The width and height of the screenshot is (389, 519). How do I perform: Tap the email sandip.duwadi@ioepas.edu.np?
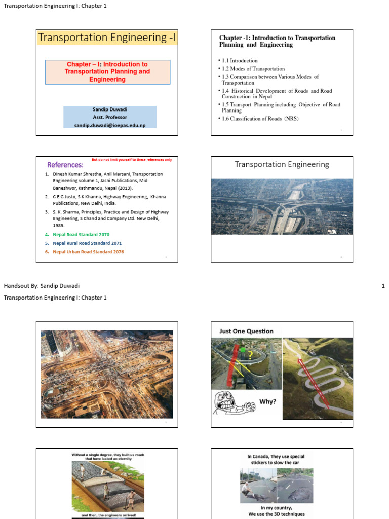pyautogui.click(x=109, y=125)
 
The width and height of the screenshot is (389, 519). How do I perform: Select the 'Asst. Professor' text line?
pyautogui.click(x=109, y=117)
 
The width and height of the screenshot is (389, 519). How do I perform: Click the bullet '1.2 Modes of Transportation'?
pyautogui.click(x=253, y=68)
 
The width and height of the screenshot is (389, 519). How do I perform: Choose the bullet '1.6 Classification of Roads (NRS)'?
pyautogui.click(x=260, y=118)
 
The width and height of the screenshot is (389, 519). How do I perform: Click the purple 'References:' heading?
pyautogui.click(x=65, y=165)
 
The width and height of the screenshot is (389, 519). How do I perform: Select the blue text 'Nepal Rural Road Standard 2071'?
pyautogui.click(x=87, y=243)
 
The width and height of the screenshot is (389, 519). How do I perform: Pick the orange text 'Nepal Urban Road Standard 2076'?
pyautogui.click(x=88, y=252)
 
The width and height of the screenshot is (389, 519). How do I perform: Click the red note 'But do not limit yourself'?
pyautogui.click(x=131, y=160)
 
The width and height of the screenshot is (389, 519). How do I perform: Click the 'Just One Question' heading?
pyautogui.click(x=246, y=331)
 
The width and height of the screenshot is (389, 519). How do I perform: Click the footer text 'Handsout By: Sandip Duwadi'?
pyautogui.click(x=42, y=286)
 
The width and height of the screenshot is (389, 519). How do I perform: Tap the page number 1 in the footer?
pyautogui.click(x=383, y=286)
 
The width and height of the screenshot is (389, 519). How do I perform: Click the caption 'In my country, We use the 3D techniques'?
pyautogui.click(x=276, y=511)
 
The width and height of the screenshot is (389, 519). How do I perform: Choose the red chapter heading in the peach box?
pyautogui.click(x=107, y=71)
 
